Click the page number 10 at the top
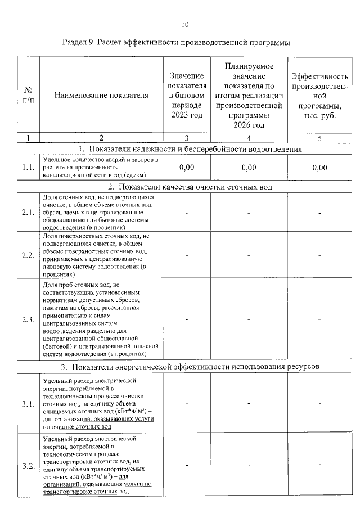tap(185, 24)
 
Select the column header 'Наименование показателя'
tap(101, 96)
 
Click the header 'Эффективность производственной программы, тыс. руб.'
tap(319, 96)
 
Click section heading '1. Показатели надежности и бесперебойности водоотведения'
tap(190, 150)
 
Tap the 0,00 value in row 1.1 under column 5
tap(319, 168)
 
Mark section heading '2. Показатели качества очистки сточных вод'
tap(190, 187)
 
